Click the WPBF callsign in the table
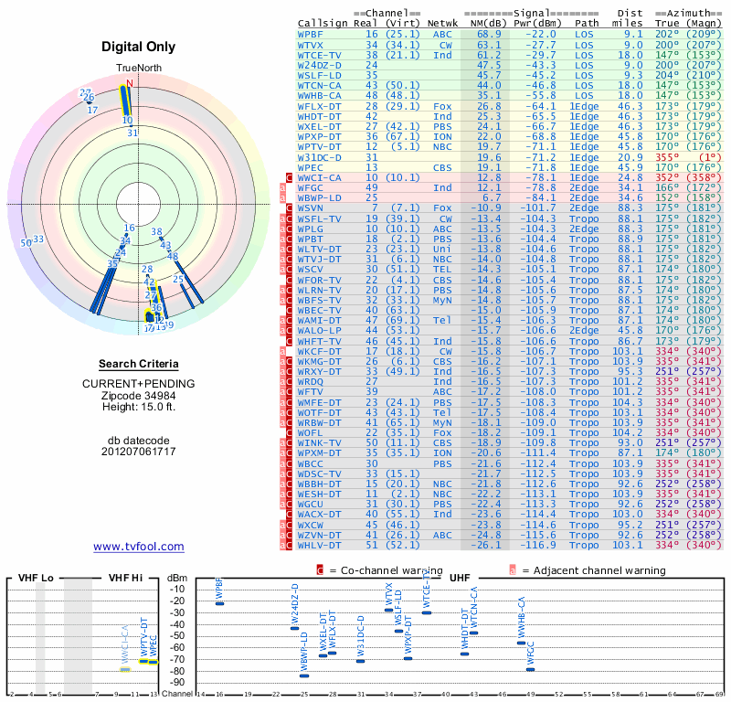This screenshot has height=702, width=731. click(311, 33)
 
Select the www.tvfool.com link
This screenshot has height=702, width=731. click(138, 547)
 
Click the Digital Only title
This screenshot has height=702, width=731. click(138, 47)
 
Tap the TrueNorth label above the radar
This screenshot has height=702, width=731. click(138, 69)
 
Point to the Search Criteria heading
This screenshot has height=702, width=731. click(138, 364)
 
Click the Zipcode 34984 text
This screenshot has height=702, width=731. click(138, 395)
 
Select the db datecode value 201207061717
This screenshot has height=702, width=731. click(138, 452)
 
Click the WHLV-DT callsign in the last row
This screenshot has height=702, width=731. click(318, 545)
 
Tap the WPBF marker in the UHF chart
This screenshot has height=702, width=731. click(219, 604)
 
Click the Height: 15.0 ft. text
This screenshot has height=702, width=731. click(138, 407)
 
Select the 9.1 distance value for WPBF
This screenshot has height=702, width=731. click(633, 33)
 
